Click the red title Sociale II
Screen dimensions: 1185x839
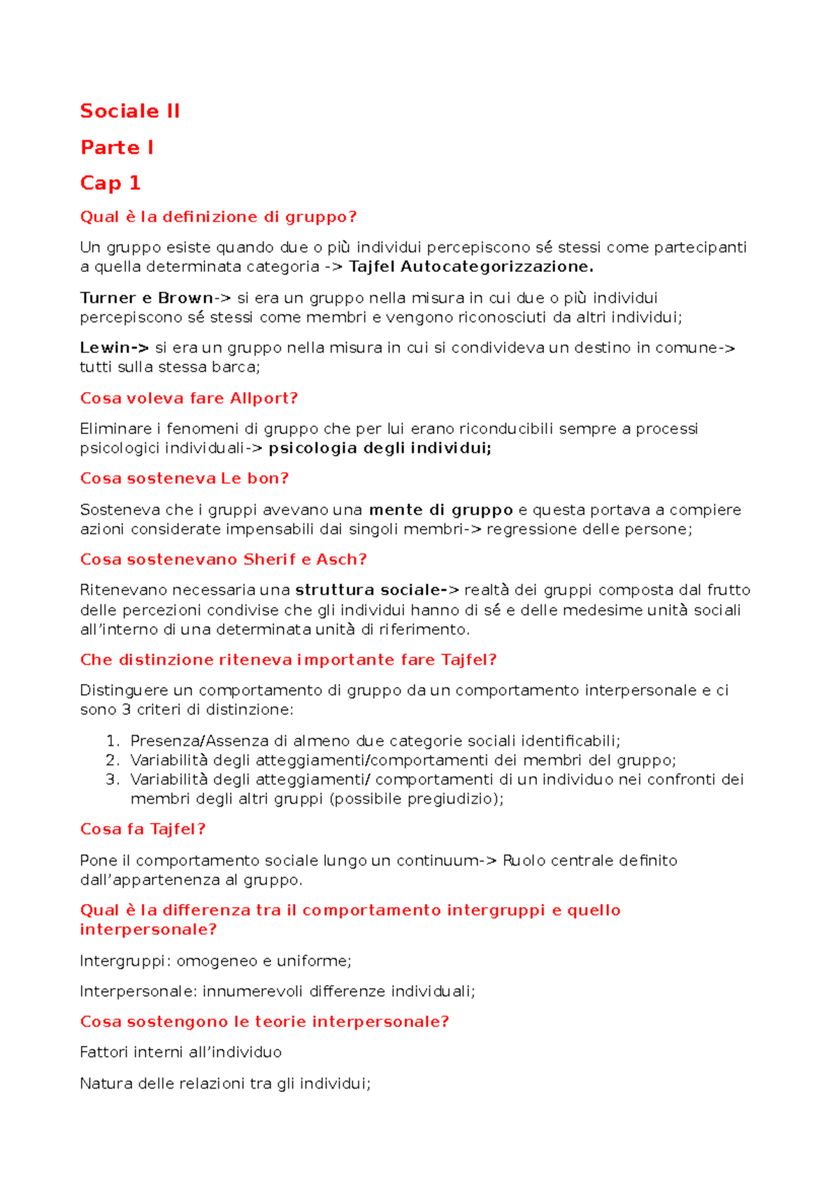[130, 111]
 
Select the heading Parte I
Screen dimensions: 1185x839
[117, 147]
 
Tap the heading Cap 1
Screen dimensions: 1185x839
[110, 183]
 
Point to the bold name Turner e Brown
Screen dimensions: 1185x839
[147, 298]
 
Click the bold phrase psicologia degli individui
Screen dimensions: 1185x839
[380, 449]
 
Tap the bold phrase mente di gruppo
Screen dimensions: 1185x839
[440, 510]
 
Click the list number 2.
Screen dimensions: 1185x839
[112, 760]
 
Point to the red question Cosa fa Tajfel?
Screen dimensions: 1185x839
[143, 829]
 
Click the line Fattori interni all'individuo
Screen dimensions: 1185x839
[180, 1052]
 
